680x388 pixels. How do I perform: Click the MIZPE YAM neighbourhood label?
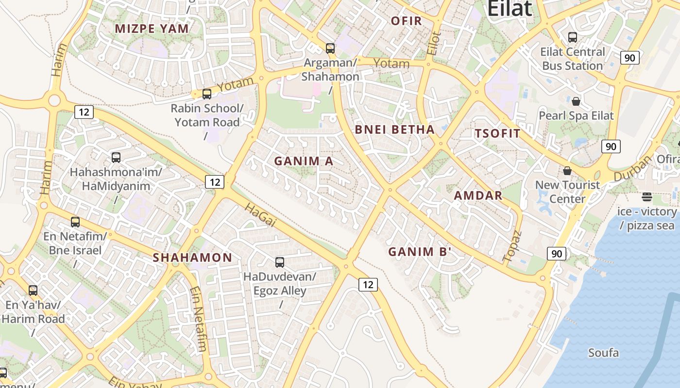coord(152,29)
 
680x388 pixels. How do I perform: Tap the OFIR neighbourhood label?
coord(406,21)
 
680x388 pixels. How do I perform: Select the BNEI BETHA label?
coord(394,129)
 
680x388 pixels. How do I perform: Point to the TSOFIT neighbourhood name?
coord(497,134)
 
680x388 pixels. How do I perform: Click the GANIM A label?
coord(304,161)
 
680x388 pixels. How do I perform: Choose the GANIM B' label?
coord(420,252)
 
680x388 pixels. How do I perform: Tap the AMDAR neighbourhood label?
coord(478,196)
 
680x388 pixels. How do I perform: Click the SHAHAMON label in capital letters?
coord(192,258)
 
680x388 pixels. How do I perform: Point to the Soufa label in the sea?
coord(603,353)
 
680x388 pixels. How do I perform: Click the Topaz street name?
coord(512,246)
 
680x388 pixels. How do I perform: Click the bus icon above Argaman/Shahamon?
coord(330,48)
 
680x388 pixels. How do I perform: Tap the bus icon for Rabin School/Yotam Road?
coord(207,94)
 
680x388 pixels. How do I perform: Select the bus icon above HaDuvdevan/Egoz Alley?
coord(280,262)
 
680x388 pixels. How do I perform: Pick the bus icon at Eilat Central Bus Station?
coord(573,37)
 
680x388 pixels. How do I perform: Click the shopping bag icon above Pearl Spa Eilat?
coord(576,101)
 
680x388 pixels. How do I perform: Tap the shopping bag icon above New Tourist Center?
coord(567,171)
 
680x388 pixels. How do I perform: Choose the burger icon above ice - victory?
coord(646,196)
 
